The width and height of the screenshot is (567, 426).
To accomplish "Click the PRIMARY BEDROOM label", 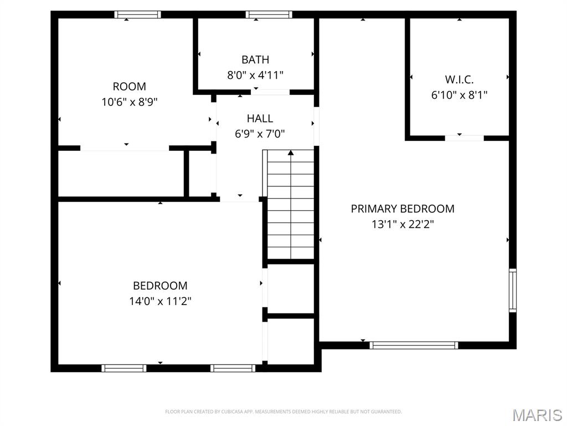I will tap(403, 209).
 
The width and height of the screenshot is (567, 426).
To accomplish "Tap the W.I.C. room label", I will tap(459, 79).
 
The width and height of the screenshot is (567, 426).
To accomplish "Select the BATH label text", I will tap(255, 59).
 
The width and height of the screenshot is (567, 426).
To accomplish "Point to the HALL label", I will tap(260, 118).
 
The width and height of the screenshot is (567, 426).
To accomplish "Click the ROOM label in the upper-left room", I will tap(130, 87).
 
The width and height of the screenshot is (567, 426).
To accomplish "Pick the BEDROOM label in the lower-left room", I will tap(160, 286).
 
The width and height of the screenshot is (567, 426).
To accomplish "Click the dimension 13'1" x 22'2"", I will tap(403, 225).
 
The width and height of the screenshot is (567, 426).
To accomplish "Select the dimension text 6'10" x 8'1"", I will tap(459, 95).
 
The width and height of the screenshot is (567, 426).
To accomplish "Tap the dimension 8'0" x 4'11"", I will tap(255, 75).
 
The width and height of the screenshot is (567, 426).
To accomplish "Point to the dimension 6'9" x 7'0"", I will tap(260, 134).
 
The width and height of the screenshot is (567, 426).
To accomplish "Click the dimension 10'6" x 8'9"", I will tap(130, 102).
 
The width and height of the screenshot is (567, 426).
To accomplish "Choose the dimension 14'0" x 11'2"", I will tap(160, 301).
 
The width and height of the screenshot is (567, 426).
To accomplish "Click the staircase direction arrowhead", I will tap(291, 153).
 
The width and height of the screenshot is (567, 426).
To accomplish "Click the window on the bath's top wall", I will tap(269, 15).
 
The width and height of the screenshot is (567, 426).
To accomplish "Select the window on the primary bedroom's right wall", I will tap(512, 290).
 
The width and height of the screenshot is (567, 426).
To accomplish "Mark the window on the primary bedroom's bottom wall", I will tap(414, 345).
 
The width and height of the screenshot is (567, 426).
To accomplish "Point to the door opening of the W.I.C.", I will tap(464, 138).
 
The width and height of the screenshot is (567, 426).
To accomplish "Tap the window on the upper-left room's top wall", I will tap(138, 15).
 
